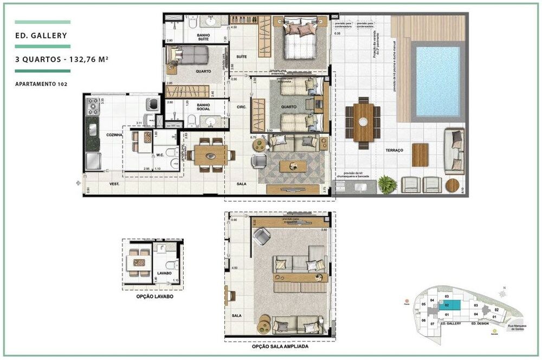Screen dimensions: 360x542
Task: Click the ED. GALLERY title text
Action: tap(42, 36)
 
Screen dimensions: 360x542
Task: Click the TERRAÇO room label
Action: tap(394, 150)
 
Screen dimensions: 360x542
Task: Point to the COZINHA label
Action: tap(98, 134)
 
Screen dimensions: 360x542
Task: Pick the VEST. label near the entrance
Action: tap(114, 184)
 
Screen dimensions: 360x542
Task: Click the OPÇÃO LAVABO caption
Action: tap(152, 297)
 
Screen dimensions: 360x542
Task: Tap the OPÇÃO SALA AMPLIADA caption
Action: tap(280, 346)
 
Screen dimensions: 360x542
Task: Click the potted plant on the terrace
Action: tap(387, 184)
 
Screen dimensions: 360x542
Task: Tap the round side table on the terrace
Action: tap(452, 185)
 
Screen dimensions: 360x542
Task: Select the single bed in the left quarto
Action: tap(190, 55)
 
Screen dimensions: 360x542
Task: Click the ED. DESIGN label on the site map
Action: tap(480, 323)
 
